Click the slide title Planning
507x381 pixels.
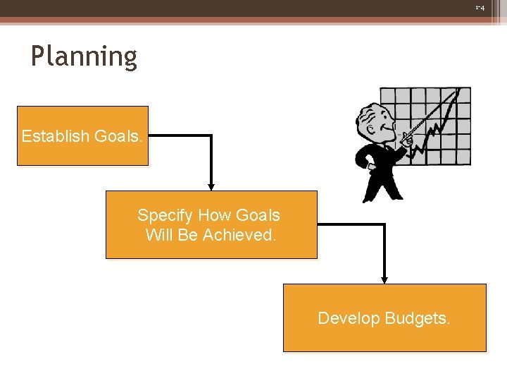pos(84,56)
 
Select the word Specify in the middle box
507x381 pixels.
pos(165,215)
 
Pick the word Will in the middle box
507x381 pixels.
pos(159,235)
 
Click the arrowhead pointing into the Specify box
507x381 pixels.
pos(211,186)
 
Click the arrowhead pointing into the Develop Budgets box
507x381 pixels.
pos(384,279)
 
